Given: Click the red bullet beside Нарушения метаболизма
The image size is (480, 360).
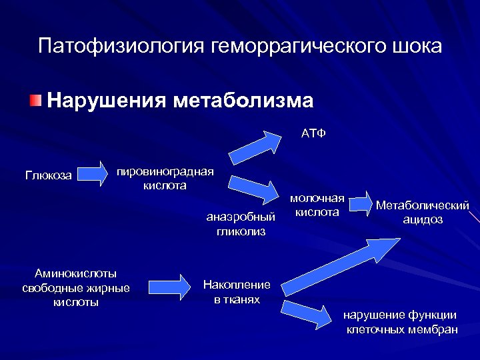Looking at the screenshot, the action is click(35, 101).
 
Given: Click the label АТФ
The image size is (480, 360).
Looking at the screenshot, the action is click(313, 133).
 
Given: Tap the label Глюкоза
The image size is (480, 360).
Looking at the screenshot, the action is click(49, 176).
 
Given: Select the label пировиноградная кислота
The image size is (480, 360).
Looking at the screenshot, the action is click(165, 179).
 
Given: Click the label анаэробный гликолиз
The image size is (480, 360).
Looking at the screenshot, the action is click(241, 224).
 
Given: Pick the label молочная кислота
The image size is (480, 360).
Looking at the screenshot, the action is click(317, 205).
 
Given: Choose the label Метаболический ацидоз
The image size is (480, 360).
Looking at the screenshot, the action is click(423, 213).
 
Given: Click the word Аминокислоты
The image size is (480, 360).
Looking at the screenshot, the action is click(75, 273).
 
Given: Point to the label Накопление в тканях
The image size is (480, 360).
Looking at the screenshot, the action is click(237, 292).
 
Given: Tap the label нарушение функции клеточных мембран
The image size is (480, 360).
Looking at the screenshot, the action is click(401, 322).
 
